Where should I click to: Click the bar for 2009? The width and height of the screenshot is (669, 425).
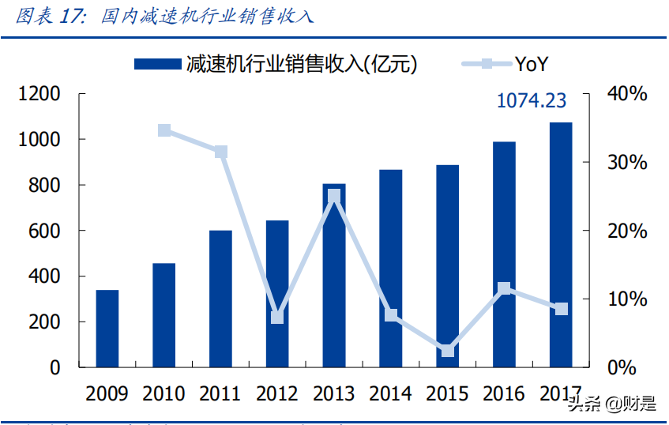click(x=107, y=329)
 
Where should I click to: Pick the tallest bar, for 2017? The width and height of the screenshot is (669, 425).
click(x=561, y=245)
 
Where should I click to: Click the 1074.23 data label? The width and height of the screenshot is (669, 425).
click(x=532, y=101)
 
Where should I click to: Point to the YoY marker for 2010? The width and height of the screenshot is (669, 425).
click(x=164, y=130)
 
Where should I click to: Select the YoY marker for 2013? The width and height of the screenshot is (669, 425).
click(x=334, y=196)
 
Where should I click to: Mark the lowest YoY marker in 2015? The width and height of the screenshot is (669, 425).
click(x=448, y=350)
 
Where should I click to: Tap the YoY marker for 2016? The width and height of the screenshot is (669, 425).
click(x=505, y=289)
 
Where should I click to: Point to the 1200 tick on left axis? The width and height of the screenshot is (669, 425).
click(x=39, y=94)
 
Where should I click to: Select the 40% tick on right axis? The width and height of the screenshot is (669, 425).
click(x=626, y=94)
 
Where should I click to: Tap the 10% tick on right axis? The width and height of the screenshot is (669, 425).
click(x=626, y=299)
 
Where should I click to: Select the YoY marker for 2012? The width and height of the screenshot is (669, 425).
click(x=277, y=318)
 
